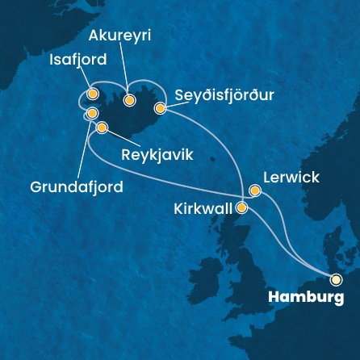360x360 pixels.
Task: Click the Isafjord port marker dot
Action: pyautogui.click(x=94, y=94)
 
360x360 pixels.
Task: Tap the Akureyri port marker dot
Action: pyautogui.click(x=129, y=100)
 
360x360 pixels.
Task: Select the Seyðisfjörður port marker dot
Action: pyautogui.click(x=161, y=107)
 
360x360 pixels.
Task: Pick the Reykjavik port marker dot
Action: pyautogui.click(x=102, y=128)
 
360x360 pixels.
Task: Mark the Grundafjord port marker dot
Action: pyautogui.click(x=92, y=113)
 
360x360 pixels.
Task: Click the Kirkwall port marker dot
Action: pyautogui.click(x=241, y=207)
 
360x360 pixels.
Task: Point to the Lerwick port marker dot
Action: pyautogui.click(x=255, y=191)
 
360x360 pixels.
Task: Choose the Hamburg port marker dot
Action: pyautogui.click(x=336, y=279)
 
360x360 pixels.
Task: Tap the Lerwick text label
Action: pyautogui.click(x=291, y=177)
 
